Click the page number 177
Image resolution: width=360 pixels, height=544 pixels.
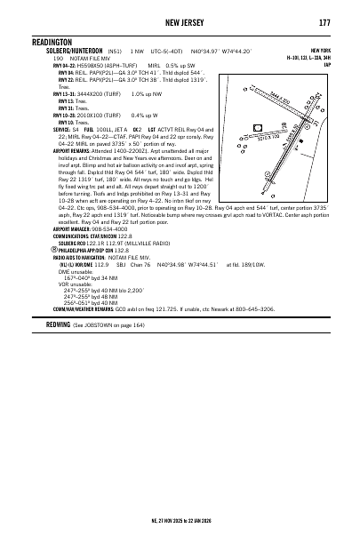coord(324,22)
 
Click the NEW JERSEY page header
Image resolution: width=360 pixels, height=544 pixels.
coord(180,22)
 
